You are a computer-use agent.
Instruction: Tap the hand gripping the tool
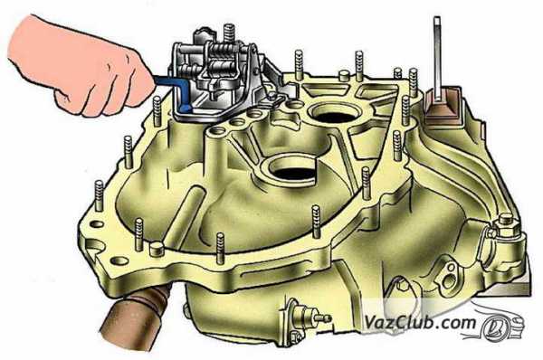[x=80, y=66]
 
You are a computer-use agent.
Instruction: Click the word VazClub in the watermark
[x=394, y=322]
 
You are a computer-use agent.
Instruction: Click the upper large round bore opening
[x=331, y=113]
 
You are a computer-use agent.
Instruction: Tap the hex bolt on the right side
[x=505, y=226]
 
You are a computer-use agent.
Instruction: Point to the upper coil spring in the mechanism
[x=223, y=52]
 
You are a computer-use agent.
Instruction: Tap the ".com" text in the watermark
[x=452, y=323]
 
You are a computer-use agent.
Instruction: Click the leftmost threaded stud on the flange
[x=99, y=196]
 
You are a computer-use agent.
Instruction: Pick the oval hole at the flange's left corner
[x=98, y=224]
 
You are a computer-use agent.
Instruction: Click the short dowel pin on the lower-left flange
[x=157, y=250]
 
